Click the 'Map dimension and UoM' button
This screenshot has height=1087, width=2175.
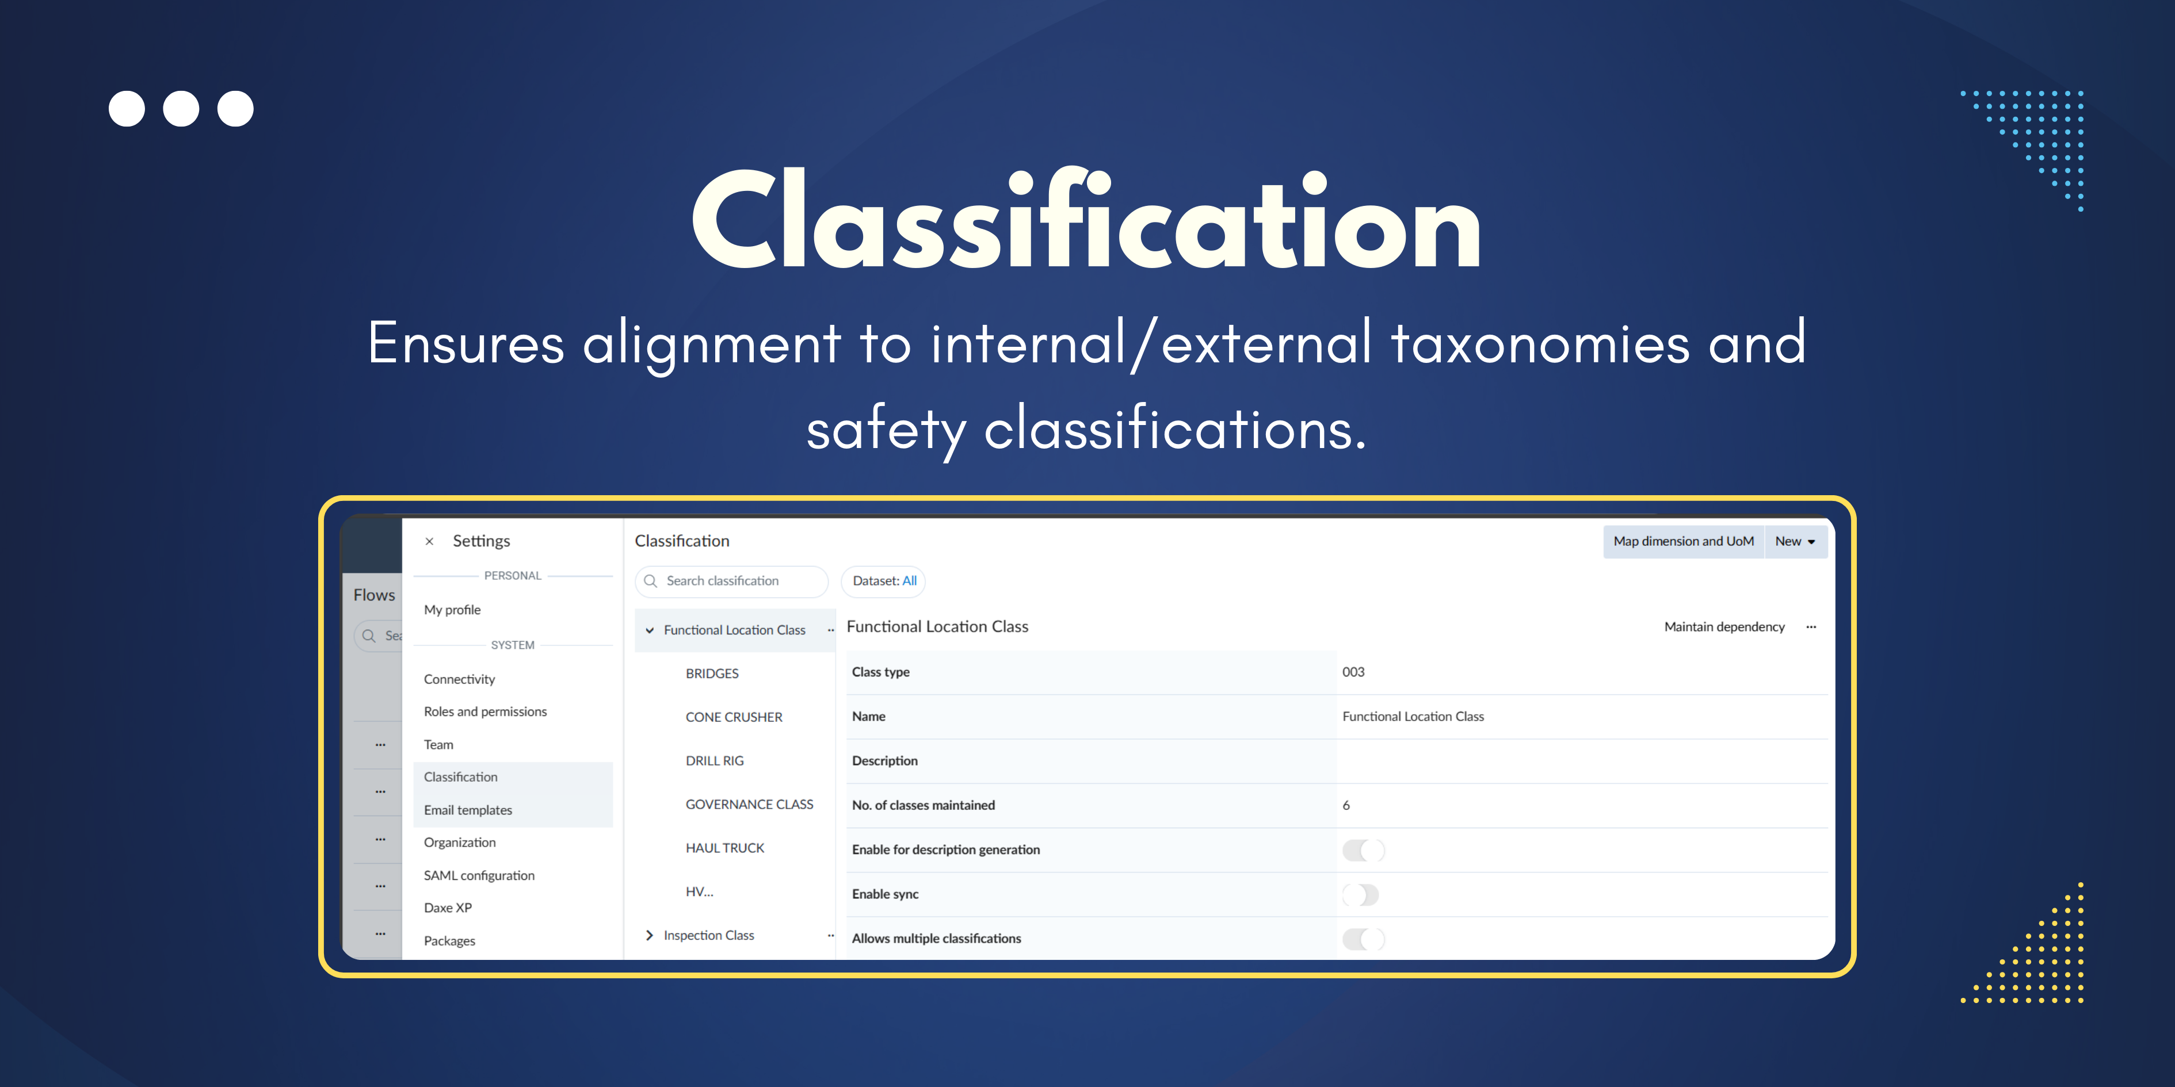point(1683,541)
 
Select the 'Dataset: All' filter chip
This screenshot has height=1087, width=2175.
point(883,581)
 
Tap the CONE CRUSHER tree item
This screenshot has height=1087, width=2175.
point(733,717)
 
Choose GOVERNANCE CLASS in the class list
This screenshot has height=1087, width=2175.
point(749,804)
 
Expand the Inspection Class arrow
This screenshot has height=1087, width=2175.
point(649,935)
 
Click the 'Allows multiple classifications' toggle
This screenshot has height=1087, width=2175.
point(1363,939)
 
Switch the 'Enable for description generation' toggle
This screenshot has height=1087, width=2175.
point(1363,850)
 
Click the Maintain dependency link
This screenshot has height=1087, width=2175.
point(1723,626)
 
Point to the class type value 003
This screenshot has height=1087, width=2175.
point(1353,672)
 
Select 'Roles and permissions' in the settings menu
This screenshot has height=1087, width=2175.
point(484,711)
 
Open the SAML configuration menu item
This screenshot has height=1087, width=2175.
point(479,875)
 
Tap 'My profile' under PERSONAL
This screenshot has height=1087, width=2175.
point(452,609)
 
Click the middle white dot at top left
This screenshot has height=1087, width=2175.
point(181,109)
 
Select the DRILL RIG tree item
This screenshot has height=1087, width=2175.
point(714,760)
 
